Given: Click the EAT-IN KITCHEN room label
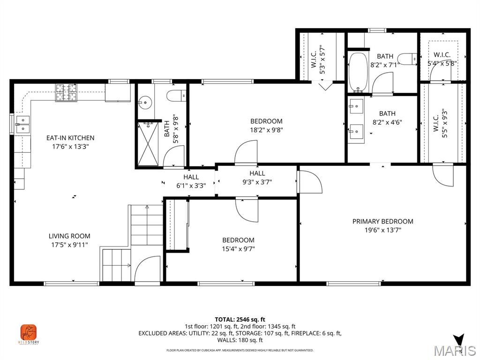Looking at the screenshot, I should click(70, 138).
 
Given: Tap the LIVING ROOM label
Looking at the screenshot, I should click(69, 236).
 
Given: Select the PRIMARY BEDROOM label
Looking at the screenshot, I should click(382, 221).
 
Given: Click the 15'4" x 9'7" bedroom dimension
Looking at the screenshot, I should click(238, 249).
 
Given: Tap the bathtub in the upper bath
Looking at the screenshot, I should click(359, 72).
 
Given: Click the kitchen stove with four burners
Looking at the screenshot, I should click(67, 92).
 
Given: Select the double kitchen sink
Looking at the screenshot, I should click(22, 124).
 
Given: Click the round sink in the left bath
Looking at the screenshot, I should click(145, 102).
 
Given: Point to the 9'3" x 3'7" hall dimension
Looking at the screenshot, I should click(257, 182).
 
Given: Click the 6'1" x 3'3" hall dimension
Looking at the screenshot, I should click(191, 186).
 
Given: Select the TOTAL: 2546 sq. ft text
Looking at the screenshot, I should click(240, 319).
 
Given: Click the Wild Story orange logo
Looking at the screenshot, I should click(29, 332).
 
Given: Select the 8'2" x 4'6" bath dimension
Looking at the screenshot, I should click(387, 122).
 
